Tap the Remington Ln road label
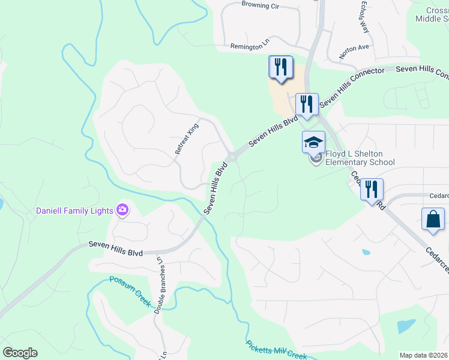pos(251,46)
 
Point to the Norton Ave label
pos(354,52)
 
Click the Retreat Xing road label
pos(186,139)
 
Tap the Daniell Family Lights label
pos(74,211)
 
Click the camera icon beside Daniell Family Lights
pos(122,209)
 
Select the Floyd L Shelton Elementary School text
pos(360,158)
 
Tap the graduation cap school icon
pos(313,143)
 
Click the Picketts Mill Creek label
pos(276,350)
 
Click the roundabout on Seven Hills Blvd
pos(232,157)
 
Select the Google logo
pos(20,353)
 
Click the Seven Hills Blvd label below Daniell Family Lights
pos(115,248)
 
